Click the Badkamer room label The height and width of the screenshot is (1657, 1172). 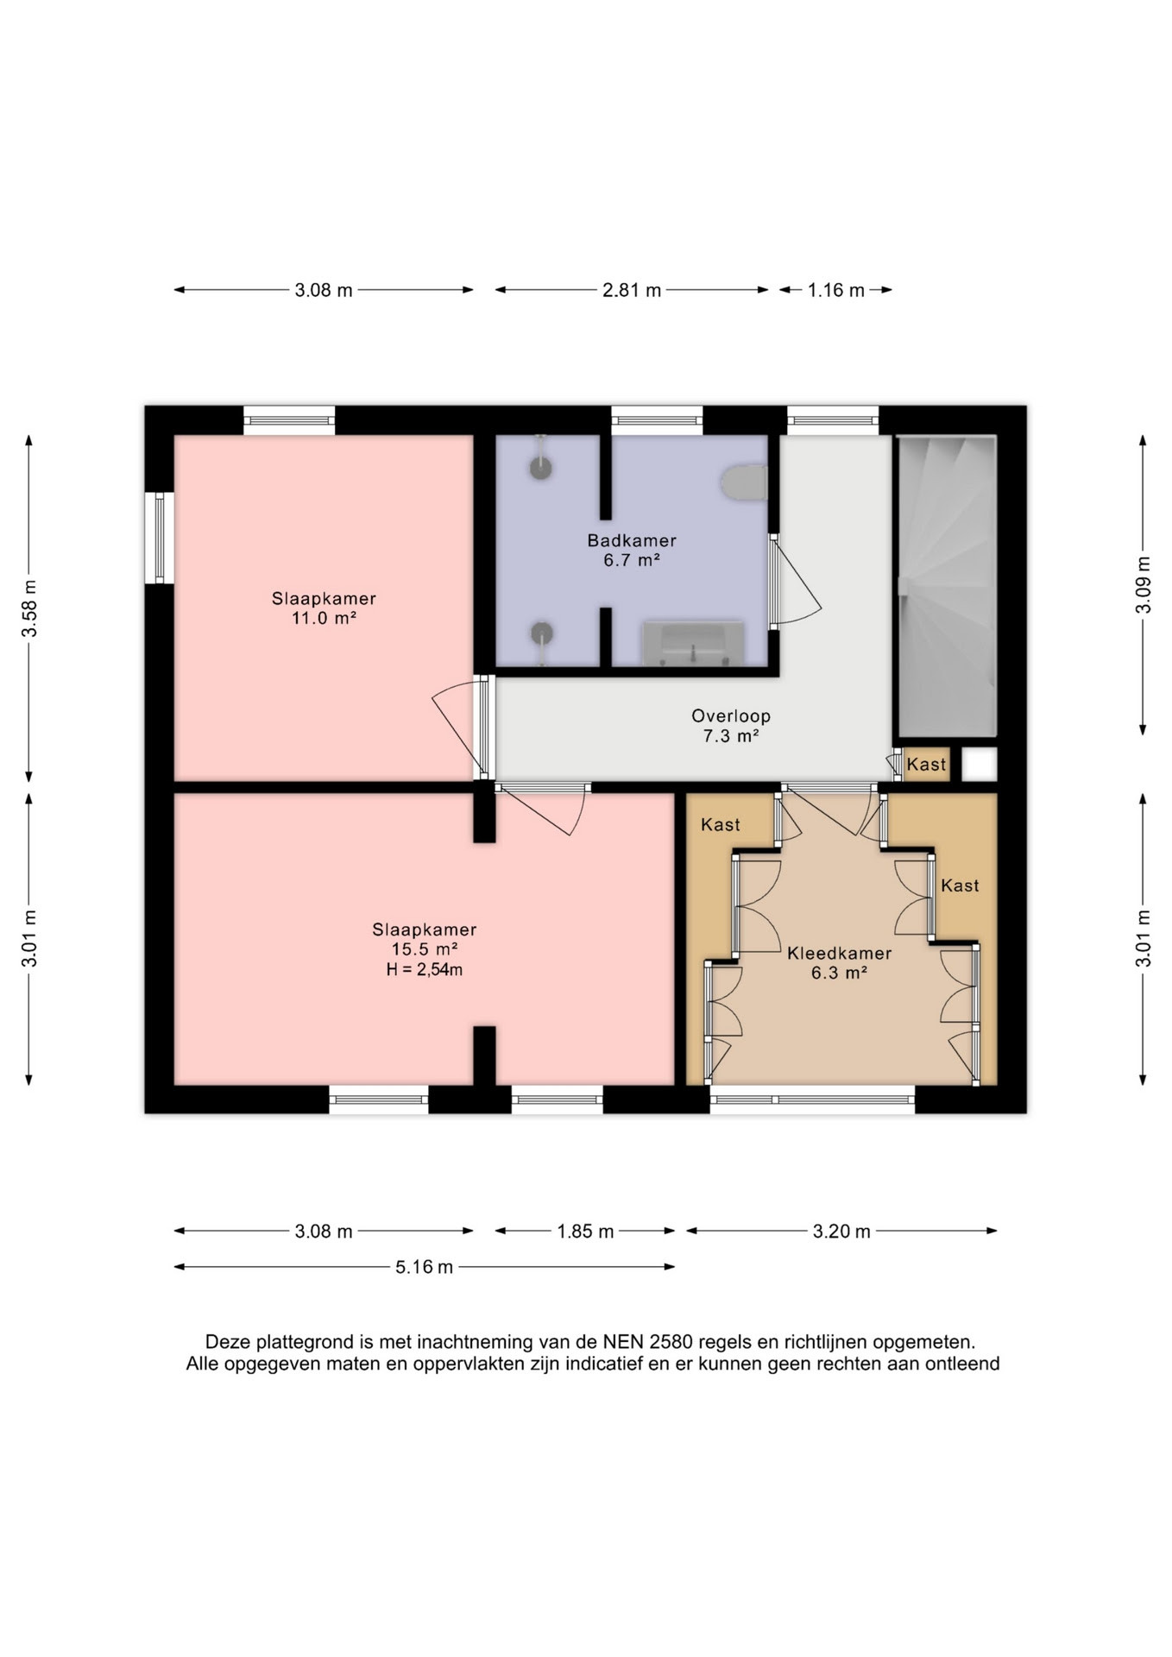click(632, 541)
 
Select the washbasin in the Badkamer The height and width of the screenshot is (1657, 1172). click(693, 644)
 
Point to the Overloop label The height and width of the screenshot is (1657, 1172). click(730, 716)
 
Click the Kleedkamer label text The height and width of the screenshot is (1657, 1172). click(839, 954)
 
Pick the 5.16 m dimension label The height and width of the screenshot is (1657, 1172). click(425, 1267)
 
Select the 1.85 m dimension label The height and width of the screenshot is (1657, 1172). click(585, 1232)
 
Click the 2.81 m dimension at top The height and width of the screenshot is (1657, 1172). click(632, 290)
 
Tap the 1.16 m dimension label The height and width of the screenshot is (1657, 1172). click(835, 290)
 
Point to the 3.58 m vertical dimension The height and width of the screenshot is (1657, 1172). click(29, 608)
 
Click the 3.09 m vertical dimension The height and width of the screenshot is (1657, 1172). click(1143, 584)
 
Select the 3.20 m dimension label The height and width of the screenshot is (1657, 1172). click(841, 1232)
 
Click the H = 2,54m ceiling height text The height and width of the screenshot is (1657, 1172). click(425, 970)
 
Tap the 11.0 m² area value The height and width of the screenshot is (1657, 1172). click(324, 618)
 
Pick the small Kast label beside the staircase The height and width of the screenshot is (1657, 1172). click(926, 765)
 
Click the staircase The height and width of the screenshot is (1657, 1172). click(948, 586)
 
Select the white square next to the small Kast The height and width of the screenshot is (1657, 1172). click(980, 765)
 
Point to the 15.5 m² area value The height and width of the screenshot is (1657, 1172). click(425, 949)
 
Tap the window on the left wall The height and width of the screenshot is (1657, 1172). click(160, 538)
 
